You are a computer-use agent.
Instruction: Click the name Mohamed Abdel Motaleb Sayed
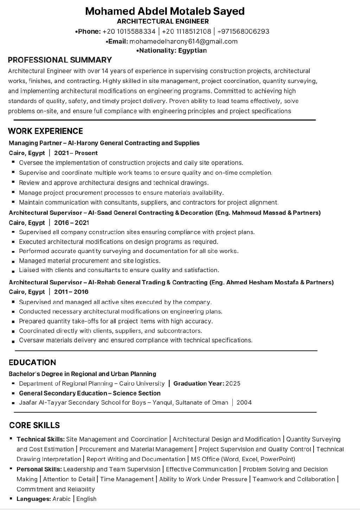point(165,11)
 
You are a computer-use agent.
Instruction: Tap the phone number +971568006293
point(244,31)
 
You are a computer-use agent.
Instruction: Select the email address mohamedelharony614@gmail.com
point(184,41)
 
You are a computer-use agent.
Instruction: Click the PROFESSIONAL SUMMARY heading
point(60,60)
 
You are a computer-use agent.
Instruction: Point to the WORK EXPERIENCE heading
point(45,131)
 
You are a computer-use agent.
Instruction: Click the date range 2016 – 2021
point(72,222)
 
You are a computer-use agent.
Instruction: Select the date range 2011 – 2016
point(71,292)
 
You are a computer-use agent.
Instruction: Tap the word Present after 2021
point(86,153)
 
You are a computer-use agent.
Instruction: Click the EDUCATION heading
point(32,362)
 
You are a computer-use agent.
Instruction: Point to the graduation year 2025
point(233,383)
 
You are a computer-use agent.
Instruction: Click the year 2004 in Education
point(244,402)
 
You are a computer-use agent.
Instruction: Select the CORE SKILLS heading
point(34,425)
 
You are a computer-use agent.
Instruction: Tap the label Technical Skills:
point(40,439)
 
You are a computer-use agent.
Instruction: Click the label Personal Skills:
point(39,469)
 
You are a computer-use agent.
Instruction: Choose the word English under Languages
point(86,499)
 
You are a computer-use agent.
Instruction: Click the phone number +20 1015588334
point(129,31)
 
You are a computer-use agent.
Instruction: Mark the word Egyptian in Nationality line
point(192,50)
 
